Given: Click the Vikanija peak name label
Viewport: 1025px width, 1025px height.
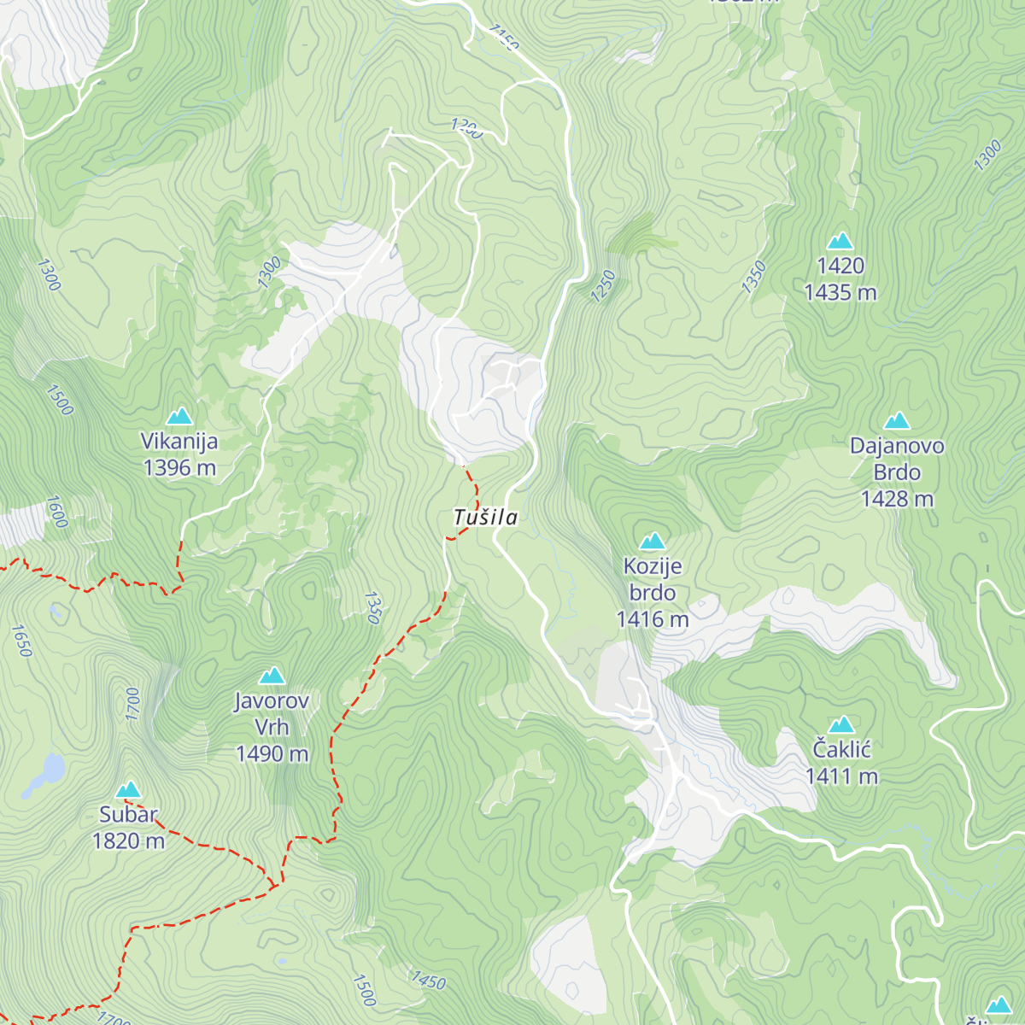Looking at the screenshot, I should click(x=179, y=442).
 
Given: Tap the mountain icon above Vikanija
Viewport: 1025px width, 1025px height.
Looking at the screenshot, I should click(x=179, y=417).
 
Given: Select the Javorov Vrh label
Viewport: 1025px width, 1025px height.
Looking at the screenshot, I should click(x=272, y=714).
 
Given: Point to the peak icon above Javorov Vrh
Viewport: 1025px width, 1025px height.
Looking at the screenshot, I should click(x=272, y=676).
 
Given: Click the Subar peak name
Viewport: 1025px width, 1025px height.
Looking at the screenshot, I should click(x=128, y=815).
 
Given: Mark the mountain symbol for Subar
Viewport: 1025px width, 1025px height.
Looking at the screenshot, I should click(x=128, y=789).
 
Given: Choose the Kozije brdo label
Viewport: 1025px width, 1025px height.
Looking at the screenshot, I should click(x=653, y=579).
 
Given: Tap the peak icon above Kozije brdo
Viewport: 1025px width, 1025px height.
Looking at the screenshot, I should click(x=653, y=541).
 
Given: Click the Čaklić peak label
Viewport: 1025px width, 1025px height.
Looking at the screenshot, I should click(x=841, y=750).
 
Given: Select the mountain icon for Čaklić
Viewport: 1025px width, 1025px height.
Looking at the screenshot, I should click(x=841, y=725).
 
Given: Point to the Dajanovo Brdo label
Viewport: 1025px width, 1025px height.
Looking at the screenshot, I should click(x=897, y=459).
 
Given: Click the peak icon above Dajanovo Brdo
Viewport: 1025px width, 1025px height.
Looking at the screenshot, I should click(x=897, y=421).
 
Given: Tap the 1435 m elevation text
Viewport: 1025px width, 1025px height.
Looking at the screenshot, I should click(x=840, y=293).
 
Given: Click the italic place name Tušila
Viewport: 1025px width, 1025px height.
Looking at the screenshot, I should click(x=485, y=518).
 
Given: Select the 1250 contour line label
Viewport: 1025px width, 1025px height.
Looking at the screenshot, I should click(x=603, y=285).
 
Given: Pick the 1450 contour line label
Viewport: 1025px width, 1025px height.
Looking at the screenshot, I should click(x=428, y=981).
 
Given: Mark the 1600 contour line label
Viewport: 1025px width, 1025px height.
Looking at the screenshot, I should click(x=56, y=512).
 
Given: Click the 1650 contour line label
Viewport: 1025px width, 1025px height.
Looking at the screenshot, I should click(x=21, y=641).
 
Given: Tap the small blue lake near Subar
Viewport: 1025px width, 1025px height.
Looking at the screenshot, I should click(x=48, y=771).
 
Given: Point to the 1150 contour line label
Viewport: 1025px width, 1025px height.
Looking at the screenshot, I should click(x=504, y=38).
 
